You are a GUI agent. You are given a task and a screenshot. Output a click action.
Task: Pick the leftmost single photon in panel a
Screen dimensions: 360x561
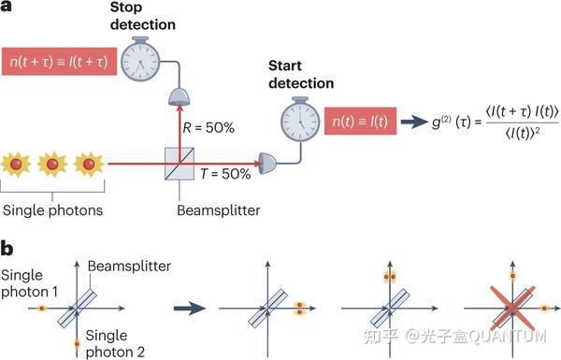22,165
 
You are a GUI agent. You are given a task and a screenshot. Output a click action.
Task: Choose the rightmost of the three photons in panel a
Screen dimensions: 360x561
90,165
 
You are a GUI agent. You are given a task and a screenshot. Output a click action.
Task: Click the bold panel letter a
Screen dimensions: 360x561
7,8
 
